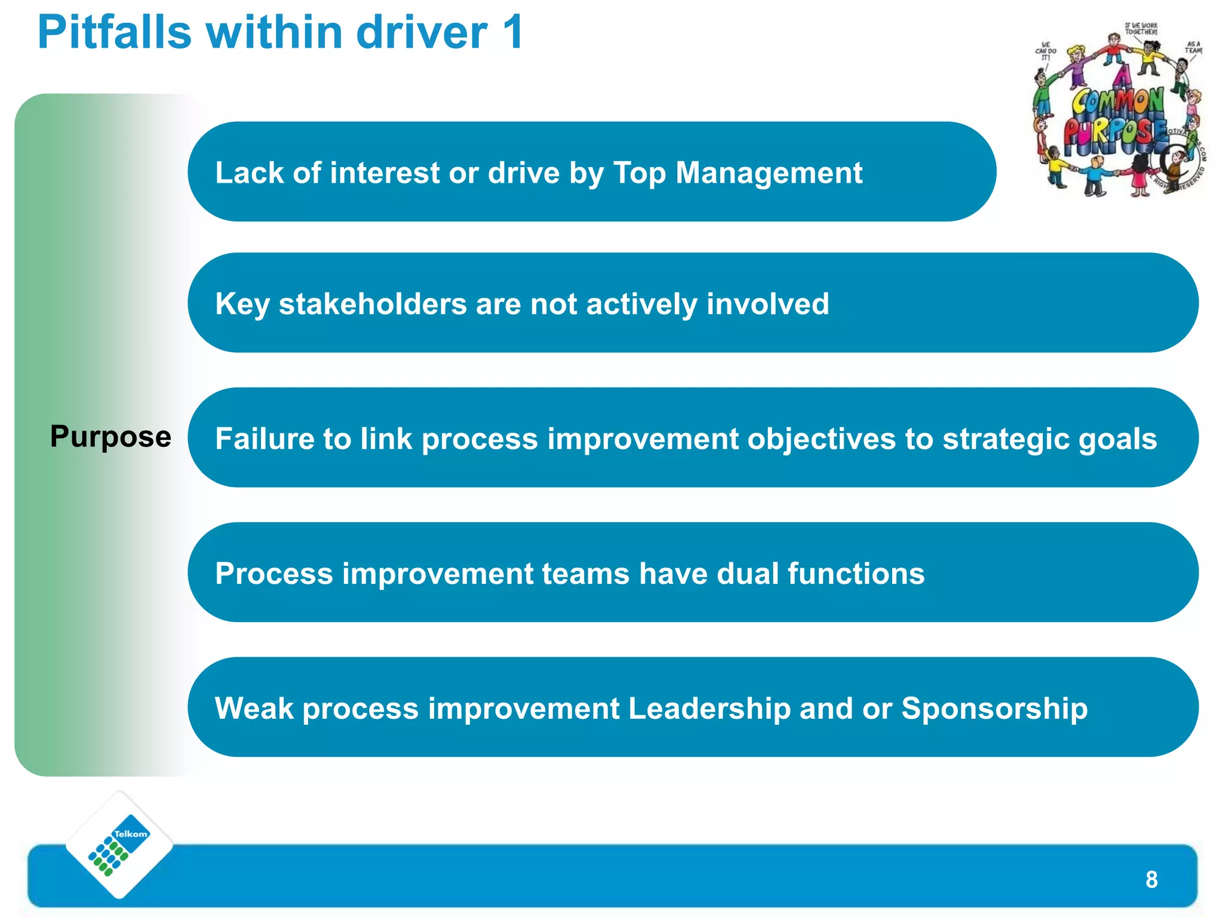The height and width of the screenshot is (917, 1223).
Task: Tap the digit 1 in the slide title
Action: (x=513, y=32)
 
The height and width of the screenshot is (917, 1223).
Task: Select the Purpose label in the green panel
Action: (x=110, y=436)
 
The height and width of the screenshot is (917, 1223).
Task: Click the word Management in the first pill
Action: (x=769, y=173)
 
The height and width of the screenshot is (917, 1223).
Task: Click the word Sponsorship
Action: (x=994, y=709)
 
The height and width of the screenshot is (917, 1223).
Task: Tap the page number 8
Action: (x=1151, y=879)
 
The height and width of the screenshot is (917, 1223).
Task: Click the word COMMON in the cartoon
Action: (x=1118, y=102)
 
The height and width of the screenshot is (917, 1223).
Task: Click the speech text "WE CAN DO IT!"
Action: (x=1045, y=51)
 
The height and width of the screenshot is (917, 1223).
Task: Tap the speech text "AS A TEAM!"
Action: (x=1193, y=47)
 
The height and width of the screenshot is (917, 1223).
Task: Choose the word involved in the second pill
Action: (x=768, y=304)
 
